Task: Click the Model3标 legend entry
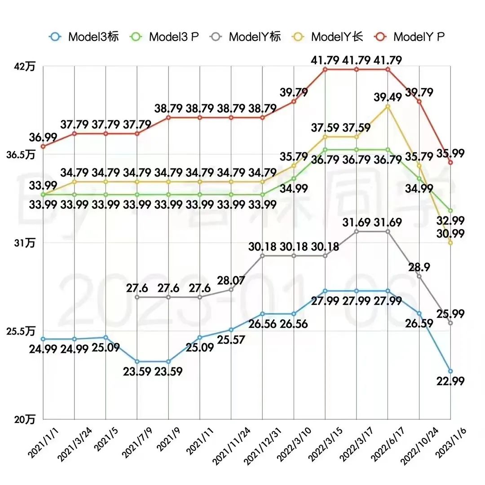pyautogui.click(x=84, y=37)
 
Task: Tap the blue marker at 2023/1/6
pyautogui.click(x=450, y=371)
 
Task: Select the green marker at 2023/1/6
pyautogui.click(x=450, y=211)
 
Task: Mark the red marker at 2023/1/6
pyautogui.click(x=450, y=163)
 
